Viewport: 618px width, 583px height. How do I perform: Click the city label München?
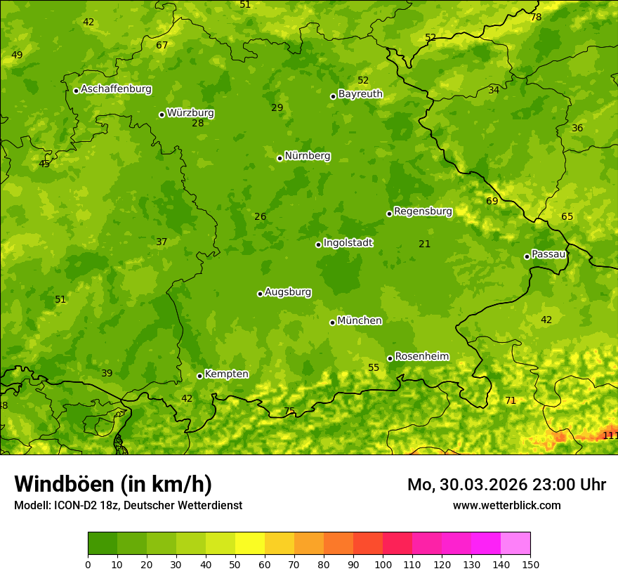point(360,321)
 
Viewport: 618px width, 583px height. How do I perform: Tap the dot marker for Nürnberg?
point(280,158)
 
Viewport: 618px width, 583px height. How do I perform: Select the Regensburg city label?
point(423,211)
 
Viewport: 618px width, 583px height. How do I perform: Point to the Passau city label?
point(548,254)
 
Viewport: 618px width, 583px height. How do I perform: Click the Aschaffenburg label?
point(116,89)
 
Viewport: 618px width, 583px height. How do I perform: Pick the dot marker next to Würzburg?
point(162,114)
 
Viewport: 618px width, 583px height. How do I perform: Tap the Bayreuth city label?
point(360,94)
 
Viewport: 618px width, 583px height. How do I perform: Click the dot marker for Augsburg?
point(260,294)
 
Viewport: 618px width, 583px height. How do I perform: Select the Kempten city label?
point(226,374)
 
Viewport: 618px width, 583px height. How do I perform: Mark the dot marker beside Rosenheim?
point(390,358)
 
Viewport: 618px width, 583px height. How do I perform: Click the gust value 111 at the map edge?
point(610,435)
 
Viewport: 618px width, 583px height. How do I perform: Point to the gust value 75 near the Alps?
point(289,411)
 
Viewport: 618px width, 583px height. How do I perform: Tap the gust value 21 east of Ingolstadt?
point(424,244)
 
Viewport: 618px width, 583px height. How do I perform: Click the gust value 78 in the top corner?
point(536,17)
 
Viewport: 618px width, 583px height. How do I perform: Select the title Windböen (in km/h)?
point(113,484)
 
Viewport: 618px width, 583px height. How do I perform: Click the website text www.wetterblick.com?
point(506,505)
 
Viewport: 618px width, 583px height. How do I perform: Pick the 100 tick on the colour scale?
point(383,564)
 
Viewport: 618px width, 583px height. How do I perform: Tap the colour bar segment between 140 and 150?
point(515,544)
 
